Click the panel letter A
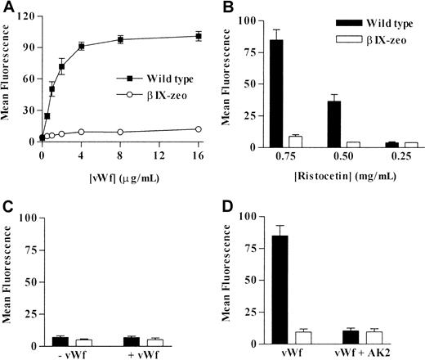pos(7,7)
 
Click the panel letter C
pos(7,209)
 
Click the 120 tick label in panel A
pos(28,16)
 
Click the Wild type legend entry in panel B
pos(373,20)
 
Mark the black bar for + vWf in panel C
pos(129,341)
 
